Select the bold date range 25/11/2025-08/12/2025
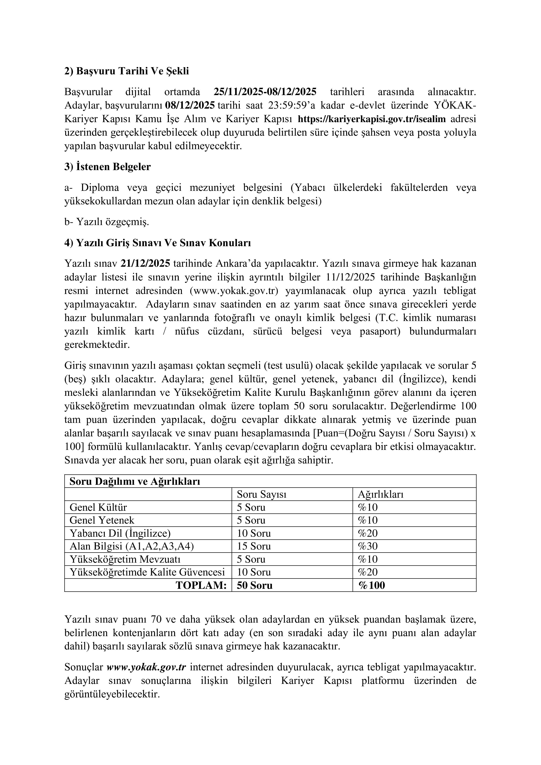pos(265,92)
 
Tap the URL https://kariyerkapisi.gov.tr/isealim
pos(371,119)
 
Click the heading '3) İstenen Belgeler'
pos(108,167)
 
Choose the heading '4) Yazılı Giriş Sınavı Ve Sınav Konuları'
pos(158,243)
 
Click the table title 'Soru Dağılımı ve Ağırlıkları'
pos(135,482)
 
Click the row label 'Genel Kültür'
pos(98,507)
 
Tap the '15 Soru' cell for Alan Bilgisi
pos(254,546)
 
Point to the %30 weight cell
pos(368,546)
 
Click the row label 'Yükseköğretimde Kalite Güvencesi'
pos(147,572)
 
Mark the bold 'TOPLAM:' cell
pos(201,585)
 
